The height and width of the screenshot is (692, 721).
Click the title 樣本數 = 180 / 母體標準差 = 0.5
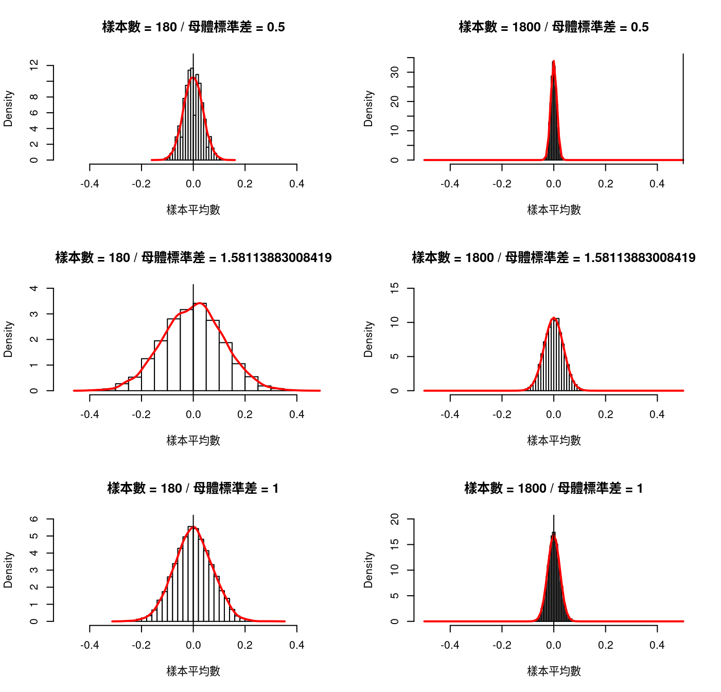[x=194, y=27]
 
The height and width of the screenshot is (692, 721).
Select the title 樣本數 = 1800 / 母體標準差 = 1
[x=554, y=488]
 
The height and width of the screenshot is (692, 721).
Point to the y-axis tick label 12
[x=34, y=65]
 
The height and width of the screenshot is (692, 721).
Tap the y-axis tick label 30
[x=395, y=72]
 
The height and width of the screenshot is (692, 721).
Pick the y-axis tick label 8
[x=34, y=97]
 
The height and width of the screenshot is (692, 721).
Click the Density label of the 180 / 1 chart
[x=8, y=570]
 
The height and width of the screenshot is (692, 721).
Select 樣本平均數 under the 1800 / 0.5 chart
[x=554, y=210]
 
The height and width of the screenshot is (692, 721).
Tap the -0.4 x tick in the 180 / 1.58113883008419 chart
[x=90, y=414]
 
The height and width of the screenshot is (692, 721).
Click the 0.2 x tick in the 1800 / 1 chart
[x=606, y=645]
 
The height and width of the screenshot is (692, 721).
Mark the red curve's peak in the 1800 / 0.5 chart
[x=553, y=61]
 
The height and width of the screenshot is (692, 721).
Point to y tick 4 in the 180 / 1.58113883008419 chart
[x=34, y=288]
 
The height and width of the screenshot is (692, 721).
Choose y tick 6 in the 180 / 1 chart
[x=34, y=519]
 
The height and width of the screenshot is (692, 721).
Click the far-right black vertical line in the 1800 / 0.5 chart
[x=683, y=108]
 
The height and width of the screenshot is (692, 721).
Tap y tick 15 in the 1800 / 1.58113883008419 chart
[x=395, y=288]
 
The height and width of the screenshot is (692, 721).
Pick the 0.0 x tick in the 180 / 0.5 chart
[x=194, y=184]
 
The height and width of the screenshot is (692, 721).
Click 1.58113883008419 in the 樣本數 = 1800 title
[x=640, y=257]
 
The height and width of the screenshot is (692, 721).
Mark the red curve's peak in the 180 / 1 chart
[x=194, y=527]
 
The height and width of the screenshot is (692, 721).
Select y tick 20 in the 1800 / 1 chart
[x=395, y=519]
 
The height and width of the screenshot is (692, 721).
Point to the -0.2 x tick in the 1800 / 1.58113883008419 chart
[x=502, y=414]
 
